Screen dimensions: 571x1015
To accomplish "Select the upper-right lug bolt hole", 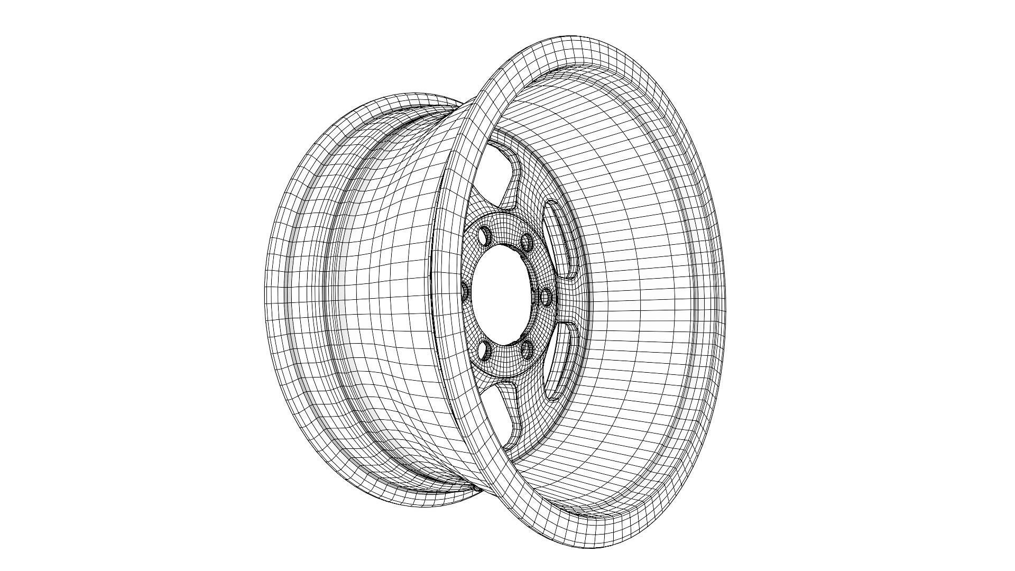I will (526, 243).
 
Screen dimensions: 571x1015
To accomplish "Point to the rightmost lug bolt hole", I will (546, 297).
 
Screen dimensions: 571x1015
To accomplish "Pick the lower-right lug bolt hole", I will (527, 349).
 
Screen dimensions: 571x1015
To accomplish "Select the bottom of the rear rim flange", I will (423, 505).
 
